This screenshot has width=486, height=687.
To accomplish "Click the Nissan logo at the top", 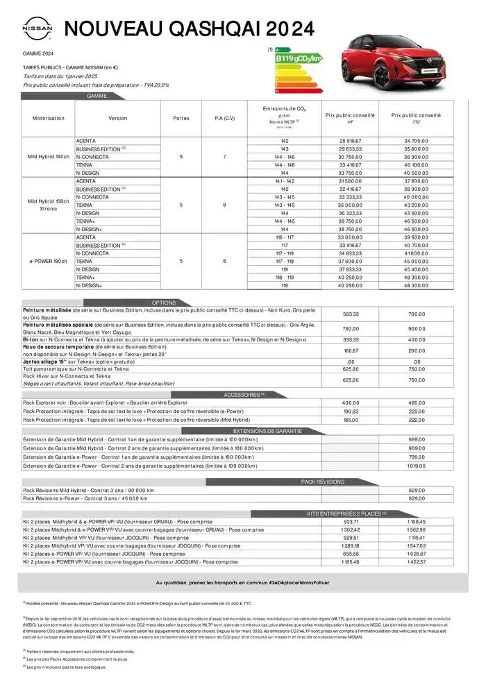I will pos(37,30).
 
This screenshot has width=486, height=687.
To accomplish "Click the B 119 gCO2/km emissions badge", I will pos(299,60).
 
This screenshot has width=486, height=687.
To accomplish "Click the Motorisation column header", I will pos(48,118).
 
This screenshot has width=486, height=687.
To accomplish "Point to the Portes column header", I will pos(181,118).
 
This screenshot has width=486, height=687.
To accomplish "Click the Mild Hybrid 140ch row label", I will pos(48,158).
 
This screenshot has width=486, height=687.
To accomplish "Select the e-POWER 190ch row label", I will pos(48,261).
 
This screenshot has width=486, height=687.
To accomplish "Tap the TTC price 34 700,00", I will pos(416,141).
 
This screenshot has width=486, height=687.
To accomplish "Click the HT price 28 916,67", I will pos(350,141).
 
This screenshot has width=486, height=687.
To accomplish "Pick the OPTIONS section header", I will pos(164,303).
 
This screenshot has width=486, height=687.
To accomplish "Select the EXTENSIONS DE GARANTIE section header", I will pos(278,431).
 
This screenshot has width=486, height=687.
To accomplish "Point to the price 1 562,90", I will pos(416,529).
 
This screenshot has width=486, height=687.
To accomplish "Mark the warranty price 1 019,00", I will pos(416,466).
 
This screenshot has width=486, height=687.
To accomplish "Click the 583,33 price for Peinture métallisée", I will pos(351,314).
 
